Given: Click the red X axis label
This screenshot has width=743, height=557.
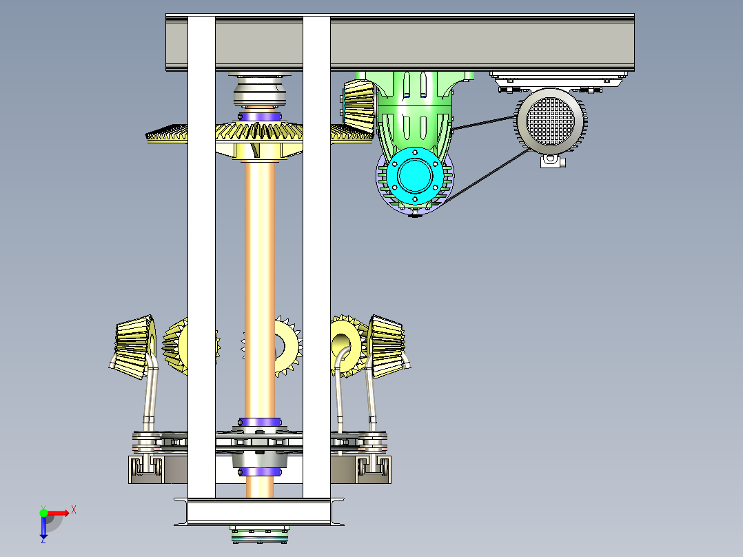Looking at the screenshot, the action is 74,510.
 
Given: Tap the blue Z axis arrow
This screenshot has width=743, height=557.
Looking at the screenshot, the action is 43,527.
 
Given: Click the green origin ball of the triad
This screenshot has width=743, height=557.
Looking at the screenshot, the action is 43,513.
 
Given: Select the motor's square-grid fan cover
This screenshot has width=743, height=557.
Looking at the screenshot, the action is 550,121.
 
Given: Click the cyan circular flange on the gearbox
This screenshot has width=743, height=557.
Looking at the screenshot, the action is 415,175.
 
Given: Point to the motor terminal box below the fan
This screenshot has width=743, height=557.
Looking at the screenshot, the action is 552,160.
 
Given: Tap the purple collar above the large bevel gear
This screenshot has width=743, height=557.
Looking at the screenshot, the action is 260,116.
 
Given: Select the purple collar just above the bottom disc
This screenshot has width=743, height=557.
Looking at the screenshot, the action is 260,423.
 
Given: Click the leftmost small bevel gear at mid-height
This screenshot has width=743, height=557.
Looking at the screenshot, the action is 134,347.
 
